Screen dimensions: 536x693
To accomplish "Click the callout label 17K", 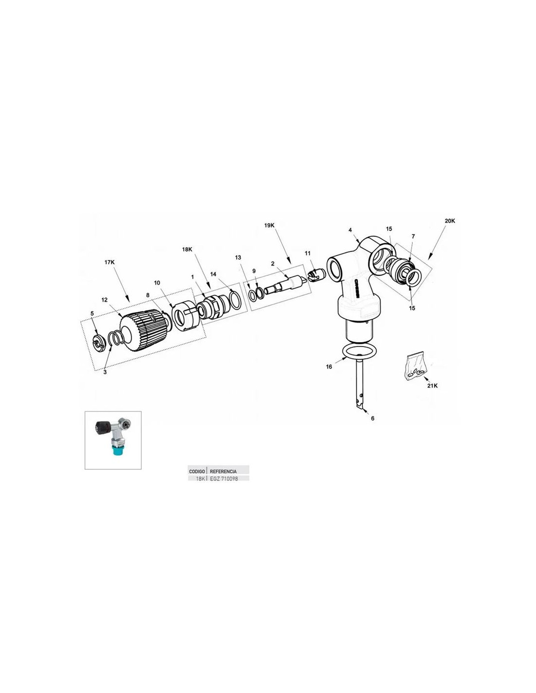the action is point(109,262).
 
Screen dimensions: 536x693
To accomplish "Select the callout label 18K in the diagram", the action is point(187,250).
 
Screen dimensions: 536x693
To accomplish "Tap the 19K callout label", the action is point(269,225).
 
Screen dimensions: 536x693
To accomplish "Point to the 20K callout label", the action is point(450,221).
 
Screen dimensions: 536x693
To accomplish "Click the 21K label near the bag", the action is point(433,386).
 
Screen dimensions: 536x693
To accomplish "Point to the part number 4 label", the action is point(350,230).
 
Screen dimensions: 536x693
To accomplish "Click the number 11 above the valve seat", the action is point(307,253).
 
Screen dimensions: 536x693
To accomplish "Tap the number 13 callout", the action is point(238,257).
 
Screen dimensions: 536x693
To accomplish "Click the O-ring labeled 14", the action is point(236,300).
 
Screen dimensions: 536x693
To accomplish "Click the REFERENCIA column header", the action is point(223,471).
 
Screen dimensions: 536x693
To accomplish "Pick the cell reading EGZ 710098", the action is point(224,479).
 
